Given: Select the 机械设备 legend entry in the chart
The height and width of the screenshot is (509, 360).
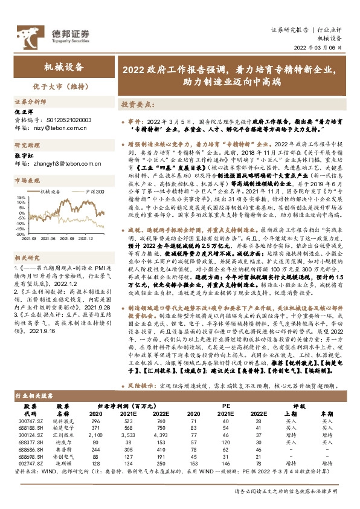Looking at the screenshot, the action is [52, 190].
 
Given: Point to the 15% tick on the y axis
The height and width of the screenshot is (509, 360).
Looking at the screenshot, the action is [21, 196].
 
